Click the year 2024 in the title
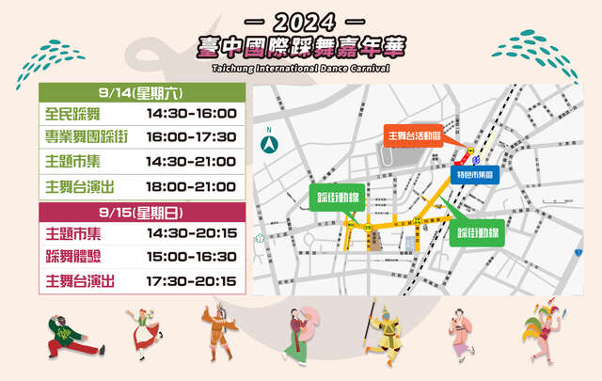pyautogui.click(x=301, y=21)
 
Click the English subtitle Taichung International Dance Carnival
pyautogui.click(x=301, y=68)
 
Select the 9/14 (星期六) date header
pyautogui.click(x=143, y=93)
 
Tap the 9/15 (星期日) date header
pyautogui.click(x=143, y=210)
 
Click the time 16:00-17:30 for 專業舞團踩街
pyautogui.click(x=192, y=138)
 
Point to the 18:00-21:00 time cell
pyautogui.click(x=192, y=185)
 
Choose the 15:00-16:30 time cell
pyautogui.click(x=192, y=256)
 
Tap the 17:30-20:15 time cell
pyautogui.click(x=192, y=279)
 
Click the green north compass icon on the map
pyautogui.click(x=271, y=146)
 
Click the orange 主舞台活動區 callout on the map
pyautogui.click(x=416, y=135)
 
